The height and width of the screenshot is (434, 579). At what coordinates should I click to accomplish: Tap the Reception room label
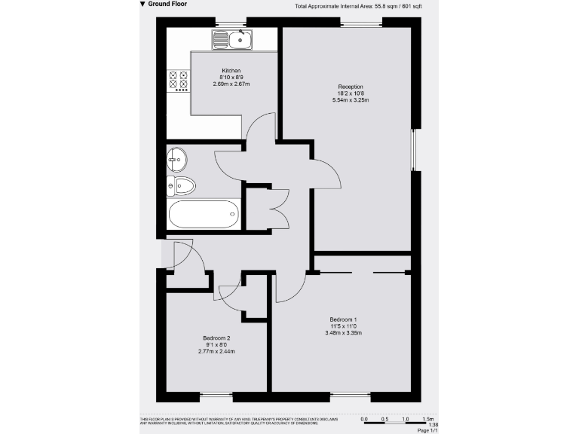coord(351,87)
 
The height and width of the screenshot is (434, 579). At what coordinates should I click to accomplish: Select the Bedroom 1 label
coord(343,319)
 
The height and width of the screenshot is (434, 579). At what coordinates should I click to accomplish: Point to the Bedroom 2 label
coord(216,338)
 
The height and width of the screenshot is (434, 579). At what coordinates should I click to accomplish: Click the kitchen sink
coord(233,39)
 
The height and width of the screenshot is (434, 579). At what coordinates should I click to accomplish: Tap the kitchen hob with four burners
coord(178,81)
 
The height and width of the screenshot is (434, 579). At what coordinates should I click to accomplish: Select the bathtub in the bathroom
coord(204,215)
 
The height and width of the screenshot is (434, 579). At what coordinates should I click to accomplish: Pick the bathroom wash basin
coord(177,159)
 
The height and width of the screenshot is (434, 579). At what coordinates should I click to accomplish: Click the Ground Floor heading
coord(167,5)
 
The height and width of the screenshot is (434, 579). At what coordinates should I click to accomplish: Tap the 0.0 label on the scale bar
coord(365,418)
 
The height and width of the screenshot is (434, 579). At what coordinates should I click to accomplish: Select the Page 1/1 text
coord(427,430)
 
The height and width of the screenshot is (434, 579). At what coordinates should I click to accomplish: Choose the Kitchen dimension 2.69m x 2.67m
coord(231,84)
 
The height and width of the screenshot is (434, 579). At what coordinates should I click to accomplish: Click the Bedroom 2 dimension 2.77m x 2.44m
coord(216,351)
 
